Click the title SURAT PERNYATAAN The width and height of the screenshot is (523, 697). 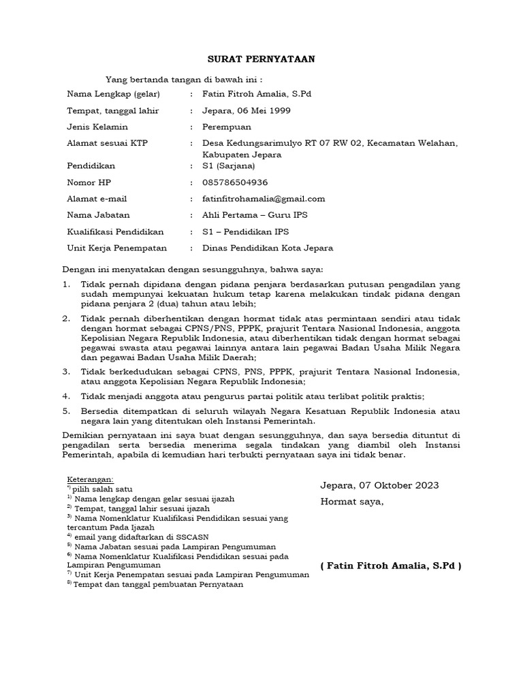pos(261,59)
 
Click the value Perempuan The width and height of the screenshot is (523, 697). pos(227,127)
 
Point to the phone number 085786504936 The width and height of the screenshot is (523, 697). pos(235,182)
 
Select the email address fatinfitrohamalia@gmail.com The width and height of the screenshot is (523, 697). pos(264,199)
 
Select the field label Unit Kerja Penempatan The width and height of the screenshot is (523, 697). pos(116,248)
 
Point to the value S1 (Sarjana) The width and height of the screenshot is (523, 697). pos(229,165)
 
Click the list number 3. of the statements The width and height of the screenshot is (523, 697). pos(66,372)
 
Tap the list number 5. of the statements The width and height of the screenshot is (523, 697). pos(66,412)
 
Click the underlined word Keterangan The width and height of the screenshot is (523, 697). pos(91,480)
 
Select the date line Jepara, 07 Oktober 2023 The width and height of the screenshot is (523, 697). pos(379,485)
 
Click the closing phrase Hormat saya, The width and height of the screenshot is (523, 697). pos(352,502)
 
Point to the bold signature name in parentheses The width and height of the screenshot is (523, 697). pos(390,566)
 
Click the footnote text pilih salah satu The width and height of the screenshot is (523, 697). pos(103,489)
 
